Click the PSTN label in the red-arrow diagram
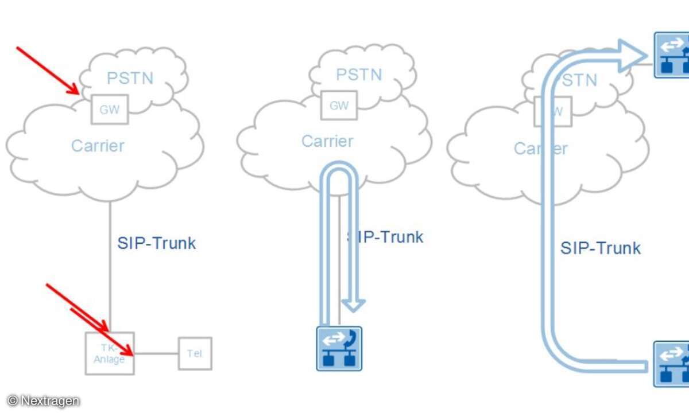[131, 77]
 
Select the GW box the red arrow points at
[110, 109]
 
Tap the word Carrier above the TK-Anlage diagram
[98, 145]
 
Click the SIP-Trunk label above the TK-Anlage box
[157, 243]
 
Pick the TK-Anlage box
[110, 353]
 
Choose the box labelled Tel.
[195, 353]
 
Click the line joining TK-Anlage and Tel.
[156, 353]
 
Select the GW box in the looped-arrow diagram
[339, 106]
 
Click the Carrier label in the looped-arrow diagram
[327, 141]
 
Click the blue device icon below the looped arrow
[339, 348]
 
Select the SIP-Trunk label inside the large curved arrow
[601, 248]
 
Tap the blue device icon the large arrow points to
[672, 55]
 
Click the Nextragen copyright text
[44, 401]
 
